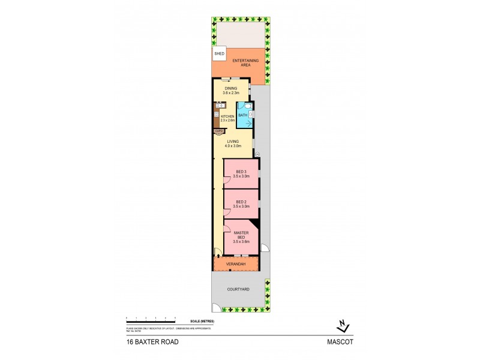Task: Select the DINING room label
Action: click(231, 89)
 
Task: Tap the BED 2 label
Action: click(241, 202)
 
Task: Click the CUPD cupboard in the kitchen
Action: click(218, 130)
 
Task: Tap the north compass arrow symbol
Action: click(342, 326)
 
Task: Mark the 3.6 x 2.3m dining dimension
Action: click(231, 93)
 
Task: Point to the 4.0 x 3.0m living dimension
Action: click(233, 146)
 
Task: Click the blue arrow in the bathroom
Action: click(242, 123)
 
